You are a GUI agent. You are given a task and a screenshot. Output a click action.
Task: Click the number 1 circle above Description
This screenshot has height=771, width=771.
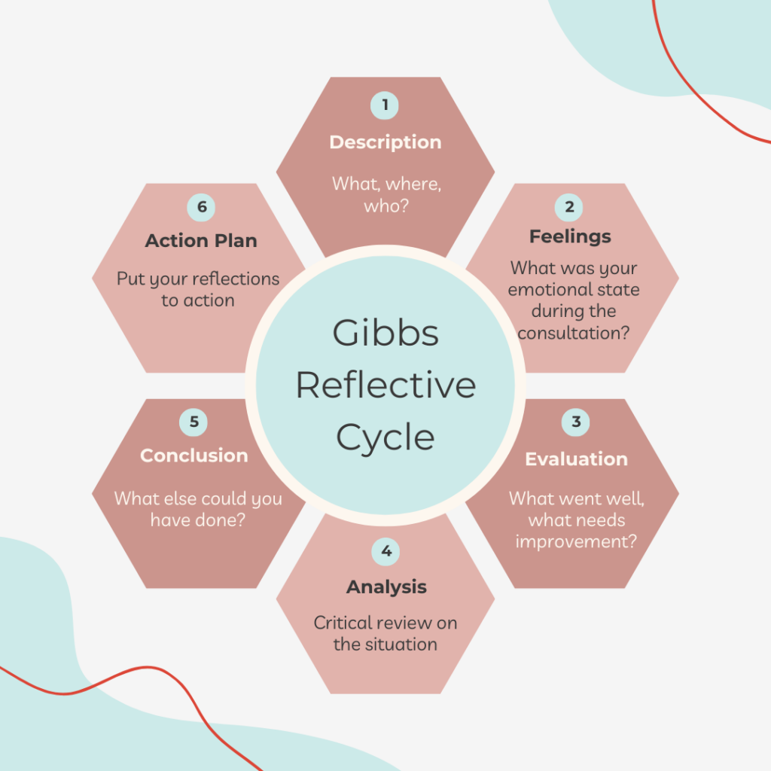[385, 105]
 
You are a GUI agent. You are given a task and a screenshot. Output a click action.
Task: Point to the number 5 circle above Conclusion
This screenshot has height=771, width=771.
[194, 422]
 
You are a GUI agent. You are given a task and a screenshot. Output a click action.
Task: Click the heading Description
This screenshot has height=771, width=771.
[385, 142]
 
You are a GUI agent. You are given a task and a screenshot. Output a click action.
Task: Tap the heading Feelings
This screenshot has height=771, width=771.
[570, 236]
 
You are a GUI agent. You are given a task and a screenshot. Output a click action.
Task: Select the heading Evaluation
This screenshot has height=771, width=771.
[576, 459]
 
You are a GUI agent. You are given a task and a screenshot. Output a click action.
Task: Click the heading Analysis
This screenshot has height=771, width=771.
[386, 587]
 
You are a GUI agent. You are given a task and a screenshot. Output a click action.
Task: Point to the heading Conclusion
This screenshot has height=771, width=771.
[194, 456]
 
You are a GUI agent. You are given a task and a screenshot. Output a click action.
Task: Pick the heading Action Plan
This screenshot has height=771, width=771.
[201, 241]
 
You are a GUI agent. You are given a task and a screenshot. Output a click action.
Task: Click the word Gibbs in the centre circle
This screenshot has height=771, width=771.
[385, 334]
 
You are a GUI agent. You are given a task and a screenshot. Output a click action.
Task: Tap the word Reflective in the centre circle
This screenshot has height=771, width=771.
[385, 385]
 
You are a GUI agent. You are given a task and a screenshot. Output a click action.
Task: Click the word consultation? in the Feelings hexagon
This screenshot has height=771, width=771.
[574, 332]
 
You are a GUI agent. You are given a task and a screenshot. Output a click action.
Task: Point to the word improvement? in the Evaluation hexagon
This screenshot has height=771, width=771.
[576, 541]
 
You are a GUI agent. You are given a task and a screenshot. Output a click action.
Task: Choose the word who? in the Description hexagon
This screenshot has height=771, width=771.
[386, 206]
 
